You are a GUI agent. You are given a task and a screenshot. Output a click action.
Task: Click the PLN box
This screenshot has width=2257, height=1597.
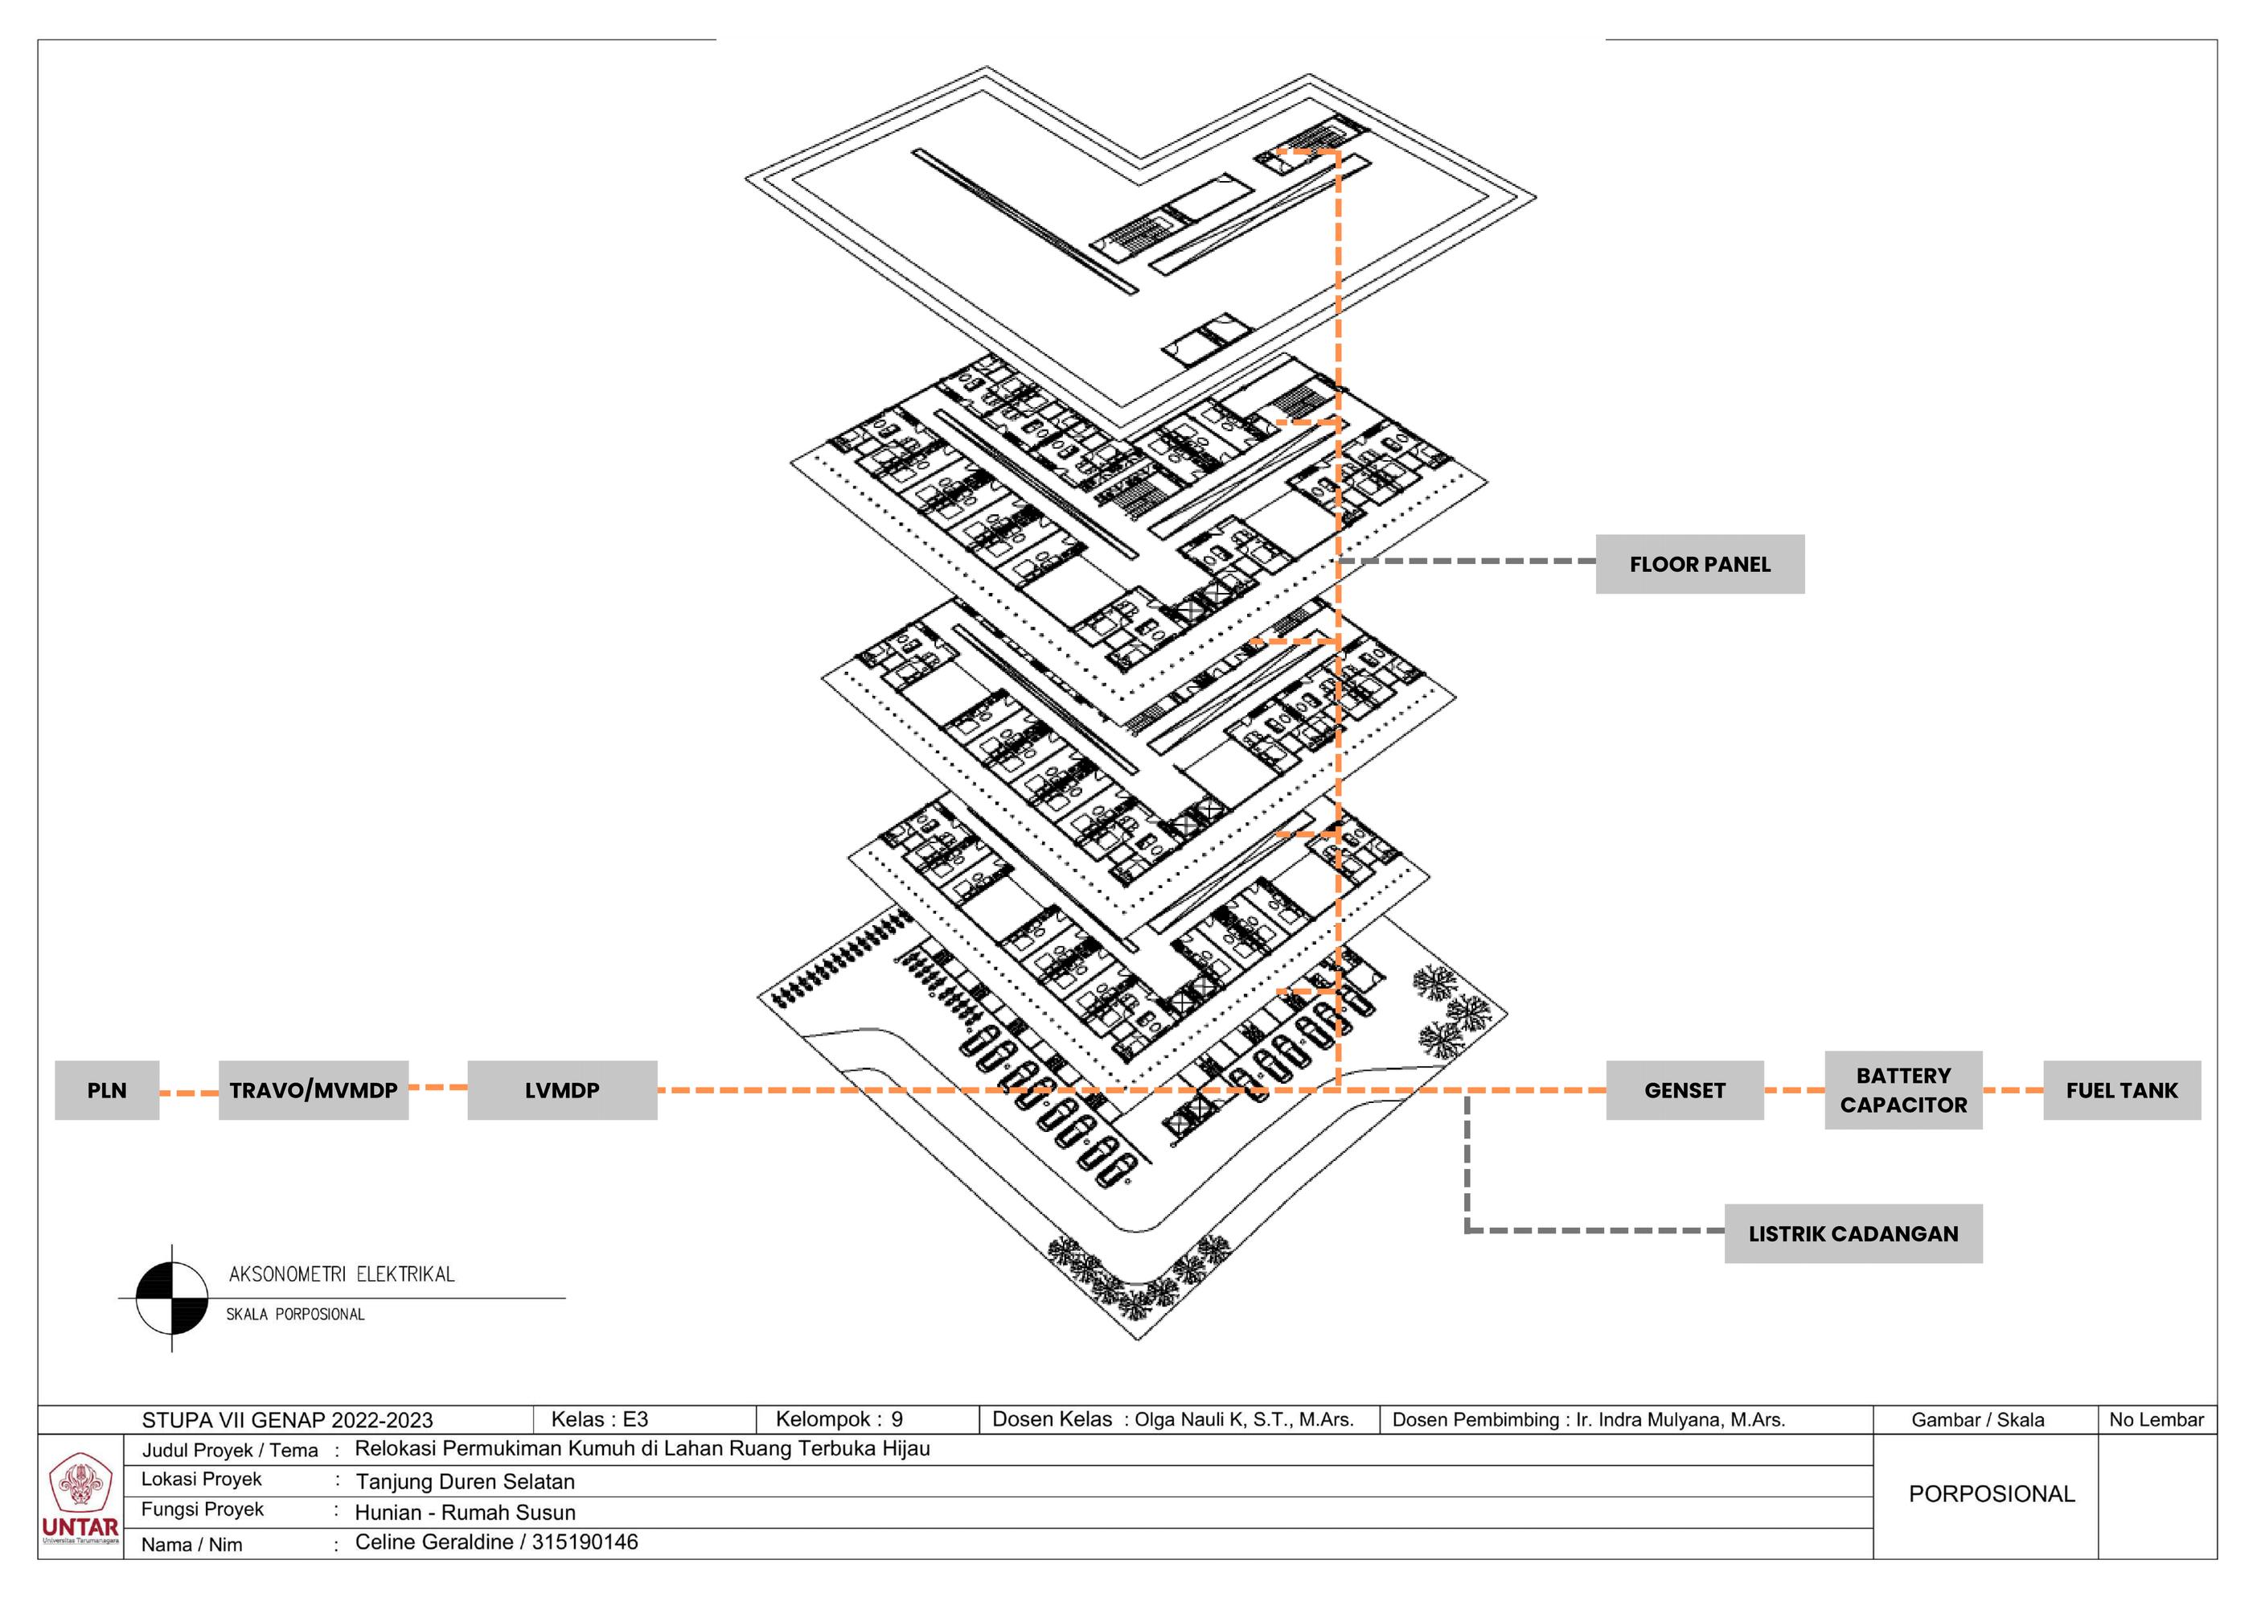tap(106, 1089)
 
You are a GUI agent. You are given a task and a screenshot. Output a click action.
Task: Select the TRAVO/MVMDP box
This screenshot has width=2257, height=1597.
tap(313, 1089)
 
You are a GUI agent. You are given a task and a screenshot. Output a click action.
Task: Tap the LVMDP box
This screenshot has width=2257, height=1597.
tap(561, 1089)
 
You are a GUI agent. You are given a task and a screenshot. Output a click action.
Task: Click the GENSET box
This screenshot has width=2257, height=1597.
tap(1684, 1089)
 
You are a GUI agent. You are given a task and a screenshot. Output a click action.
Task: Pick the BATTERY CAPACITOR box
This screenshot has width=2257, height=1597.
tap(1902, 1089)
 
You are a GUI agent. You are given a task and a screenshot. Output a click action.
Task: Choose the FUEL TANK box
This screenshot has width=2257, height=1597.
tap(2120, 1089)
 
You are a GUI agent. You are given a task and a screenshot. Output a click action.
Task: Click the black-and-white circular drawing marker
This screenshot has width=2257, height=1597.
tap(172, 1298)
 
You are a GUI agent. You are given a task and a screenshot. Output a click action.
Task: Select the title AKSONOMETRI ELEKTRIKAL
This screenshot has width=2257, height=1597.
tap(341, 1274)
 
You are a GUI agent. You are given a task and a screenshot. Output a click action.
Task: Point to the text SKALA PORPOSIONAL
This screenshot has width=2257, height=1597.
tap(295, 1315)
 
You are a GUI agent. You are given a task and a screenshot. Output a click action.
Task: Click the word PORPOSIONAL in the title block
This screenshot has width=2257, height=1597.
tap(1991, 1494)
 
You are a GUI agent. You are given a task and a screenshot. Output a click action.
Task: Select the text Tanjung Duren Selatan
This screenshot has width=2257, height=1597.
tap(465, 1481)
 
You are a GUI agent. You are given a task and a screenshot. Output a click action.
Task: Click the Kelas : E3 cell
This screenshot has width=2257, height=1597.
tap(599, 1419)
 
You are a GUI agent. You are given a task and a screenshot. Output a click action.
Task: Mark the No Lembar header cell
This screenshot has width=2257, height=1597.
tap(2156, 1420)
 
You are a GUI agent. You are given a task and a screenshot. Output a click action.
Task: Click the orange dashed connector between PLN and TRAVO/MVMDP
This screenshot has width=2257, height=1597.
tap(188, 1093)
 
